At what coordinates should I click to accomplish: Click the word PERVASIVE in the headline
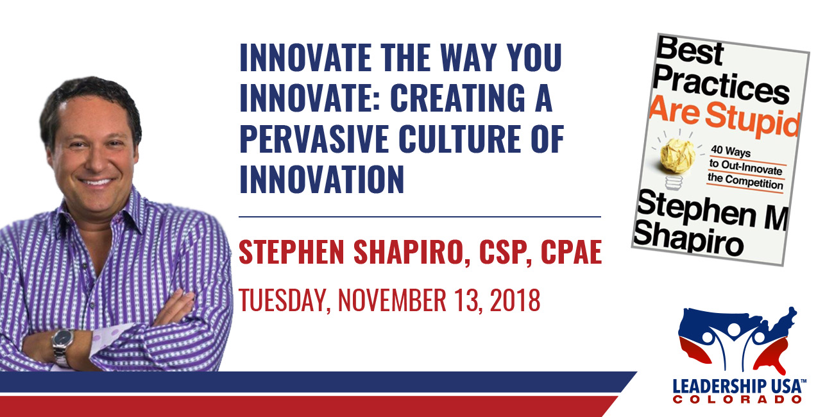(314, 139)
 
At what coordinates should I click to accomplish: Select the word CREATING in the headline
(457, 98)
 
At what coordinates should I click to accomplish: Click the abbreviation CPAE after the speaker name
(572, 252)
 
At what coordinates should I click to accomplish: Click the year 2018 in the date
(515, 300)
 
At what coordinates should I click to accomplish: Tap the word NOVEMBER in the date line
(392, 300)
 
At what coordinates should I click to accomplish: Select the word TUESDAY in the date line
(284, 300)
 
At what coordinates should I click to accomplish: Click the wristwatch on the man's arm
(63, 346)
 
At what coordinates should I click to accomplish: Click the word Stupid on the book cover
(753, 121)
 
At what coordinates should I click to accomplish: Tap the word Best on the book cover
(690, 52)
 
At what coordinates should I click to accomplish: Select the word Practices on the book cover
(720, 85)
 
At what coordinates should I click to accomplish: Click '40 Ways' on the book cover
(731, 151)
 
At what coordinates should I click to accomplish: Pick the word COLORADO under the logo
(737, 400)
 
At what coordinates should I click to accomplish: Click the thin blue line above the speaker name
(420, 217)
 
